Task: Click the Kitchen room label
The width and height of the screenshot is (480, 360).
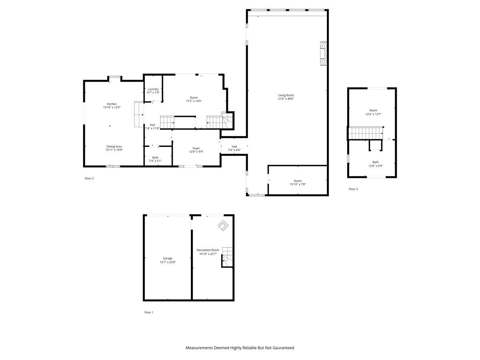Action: click(x=112, y=104)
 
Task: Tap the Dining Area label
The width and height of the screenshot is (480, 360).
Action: click(x=114, y=146)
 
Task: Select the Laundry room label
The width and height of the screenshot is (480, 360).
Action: click(x=153, y=89)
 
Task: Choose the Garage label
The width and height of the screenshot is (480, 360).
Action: click(x=168, y=258)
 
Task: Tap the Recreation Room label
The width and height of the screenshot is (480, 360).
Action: click(x=208, y=250)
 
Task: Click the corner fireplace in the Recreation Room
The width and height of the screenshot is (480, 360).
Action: click(x=223, y=226)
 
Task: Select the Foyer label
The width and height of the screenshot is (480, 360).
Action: click(x=196, y=148)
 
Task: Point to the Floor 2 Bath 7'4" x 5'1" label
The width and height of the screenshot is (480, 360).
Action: click(x=155, y=158)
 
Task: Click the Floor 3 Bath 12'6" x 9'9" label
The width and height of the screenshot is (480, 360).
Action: click(x=375, y=162)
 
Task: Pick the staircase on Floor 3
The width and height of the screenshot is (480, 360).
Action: click(x=365, y=132)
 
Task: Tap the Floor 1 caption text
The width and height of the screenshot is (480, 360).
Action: click(x=148, y=312)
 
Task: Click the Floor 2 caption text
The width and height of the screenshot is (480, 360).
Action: click(x=89, y=178)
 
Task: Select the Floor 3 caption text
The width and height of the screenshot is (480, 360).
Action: click(x=353, y=189)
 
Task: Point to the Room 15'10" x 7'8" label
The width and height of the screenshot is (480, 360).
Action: click(x=298, y=181)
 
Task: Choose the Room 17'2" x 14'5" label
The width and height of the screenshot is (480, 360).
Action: click(x=194, y=98)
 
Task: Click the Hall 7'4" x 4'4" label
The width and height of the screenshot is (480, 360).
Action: click(x=234, y=146)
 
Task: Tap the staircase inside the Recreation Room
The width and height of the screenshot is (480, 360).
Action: click(x=227, y=255)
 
